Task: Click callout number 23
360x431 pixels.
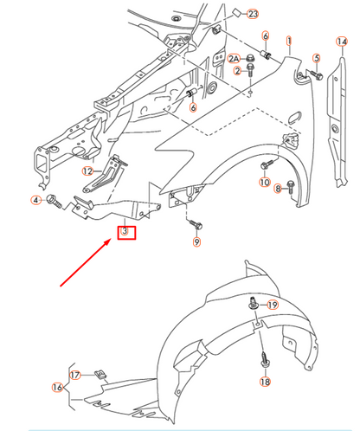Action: click(253, 14)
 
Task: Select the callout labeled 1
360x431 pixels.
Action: click(289, 40)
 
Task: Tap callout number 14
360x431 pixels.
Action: click(342, 41)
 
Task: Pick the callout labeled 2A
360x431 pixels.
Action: click(234, 58)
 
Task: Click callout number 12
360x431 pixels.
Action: click(87, 171)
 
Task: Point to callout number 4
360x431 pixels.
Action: click(36, 201)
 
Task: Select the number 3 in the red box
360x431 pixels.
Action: click(125, 232)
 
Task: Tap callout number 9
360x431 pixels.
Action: click(196, 242)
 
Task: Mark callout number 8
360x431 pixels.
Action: click(279, 188)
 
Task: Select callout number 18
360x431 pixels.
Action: click(264, 382)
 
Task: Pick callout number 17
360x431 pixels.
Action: click(75, 375)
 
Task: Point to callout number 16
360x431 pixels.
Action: click(57, 387)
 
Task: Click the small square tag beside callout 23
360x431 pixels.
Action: click(235, 14)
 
